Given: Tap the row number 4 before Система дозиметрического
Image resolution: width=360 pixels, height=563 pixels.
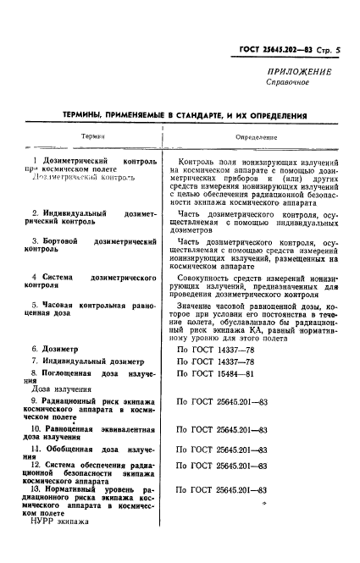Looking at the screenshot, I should click(33, 277).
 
